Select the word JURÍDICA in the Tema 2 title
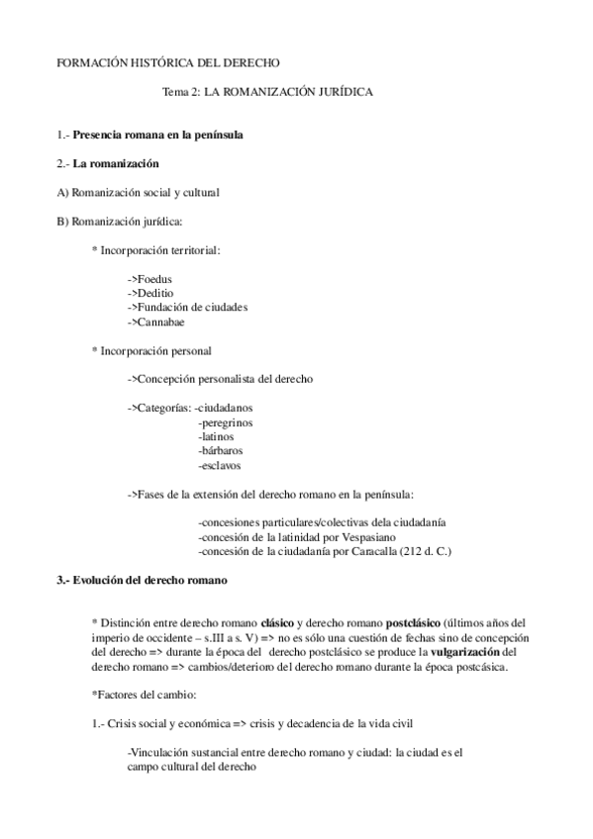click(x=337, y=91)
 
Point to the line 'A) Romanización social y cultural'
click(x=139, y=192)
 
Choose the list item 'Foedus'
click(x=154, y=279)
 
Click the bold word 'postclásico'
click(x=412, y=623)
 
